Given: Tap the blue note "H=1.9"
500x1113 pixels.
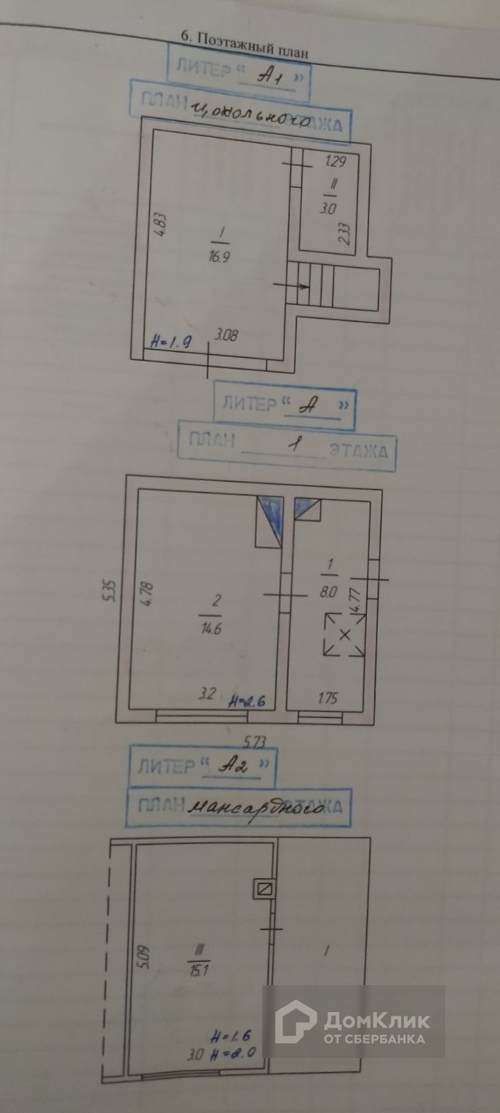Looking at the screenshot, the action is tap(170, 341).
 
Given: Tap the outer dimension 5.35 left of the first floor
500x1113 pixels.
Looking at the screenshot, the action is tap(111, 589).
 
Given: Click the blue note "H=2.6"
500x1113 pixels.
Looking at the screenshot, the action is tap(245, 701).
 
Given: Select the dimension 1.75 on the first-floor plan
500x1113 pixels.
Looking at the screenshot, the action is tap(329, 697).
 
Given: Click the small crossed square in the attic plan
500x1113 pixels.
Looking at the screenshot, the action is tap(264, 890).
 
